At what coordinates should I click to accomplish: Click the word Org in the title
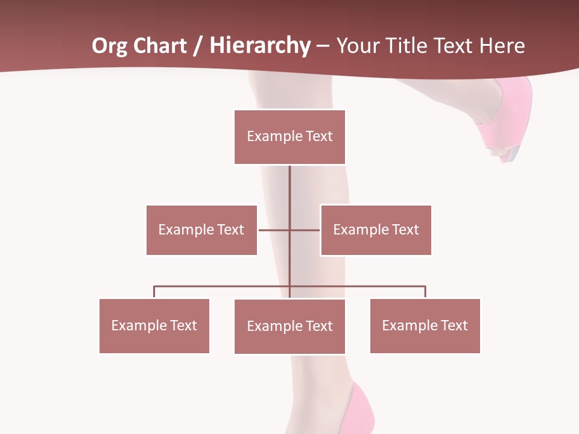pos(109,46)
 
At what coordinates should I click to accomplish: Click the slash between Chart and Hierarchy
pos(197,46)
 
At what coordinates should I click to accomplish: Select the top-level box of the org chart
pos(289,137)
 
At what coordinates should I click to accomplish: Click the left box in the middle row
pos(201,230)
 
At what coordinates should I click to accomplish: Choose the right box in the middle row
pos(376,230)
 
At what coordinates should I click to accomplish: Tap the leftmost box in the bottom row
pos(154,325)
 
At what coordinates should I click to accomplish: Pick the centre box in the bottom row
pos(289,326)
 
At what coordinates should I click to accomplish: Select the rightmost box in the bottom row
pos(425,325)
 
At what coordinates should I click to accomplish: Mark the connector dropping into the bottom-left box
pos(154,292)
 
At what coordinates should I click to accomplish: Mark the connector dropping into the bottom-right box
pos(425,292)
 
